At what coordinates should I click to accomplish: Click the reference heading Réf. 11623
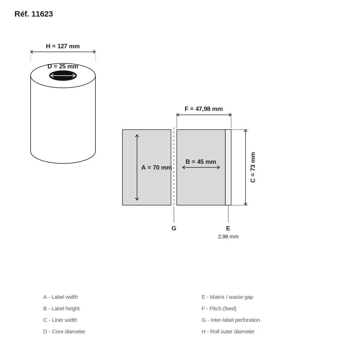tap(34, 14)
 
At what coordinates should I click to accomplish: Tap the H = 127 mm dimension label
tap(63, 46)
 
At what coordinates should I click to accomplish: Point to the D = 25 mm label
tap(63, 66)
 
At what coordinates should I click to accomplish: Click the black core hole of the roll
tap(63, 76)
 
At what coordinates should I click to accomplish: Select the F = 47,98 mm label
tap(204, 109)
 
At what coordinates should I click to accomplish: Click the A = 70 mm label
tap(156, 168)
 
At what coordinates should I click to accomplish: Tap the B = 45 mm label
tap(201, 162)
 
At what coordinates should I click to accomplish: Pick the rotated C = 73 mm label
tap(253, 167)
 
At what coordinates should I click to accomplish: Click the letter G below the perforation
tap(174, 228)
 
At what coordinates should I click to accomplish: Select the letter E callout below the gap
tap(228, 228)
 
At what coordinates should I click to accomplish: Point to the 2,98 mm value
tap(228, 237)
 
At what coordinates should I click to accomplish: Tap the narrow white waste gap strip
tap(228, 167)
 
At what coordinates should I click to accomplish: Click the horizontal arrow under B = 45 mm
tap(201, 167)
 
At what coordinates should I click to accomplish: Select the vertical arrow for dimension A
tap(137, 167)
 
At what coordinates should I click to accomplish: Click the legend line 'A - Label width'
tap(60, 297)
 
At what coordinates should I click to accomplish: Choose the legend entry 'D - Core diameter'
tap(64, 332)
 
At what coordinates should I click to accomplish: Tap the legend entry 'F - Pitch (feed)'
tap(219, 309)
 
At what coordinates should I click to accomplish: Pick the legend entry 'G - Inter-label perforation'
tap(231, 320)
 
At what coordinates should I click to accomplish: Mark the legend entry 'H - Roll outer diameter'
tap(228, 332)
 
